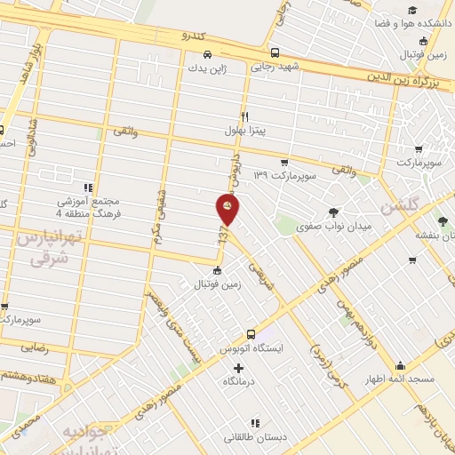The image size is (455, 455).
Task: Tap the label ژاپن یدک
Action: pyautogui.click(x=208, y=67)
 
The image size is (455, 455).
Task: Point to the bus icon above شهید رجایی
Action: pyautogui.click(x=275, y=52)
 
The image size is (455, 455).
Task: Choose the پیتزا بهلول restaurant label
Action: pyautogui.click(x=245, y=130)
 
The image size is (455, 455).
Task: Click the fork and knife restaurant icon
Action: pyautogui.click(x=245, y=116)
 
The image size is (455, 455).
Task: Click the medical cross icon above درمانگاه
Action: pyautogui.click(x=237, y=367)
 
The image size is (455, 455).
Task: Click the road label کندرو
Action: pyautogui.click(x=196, y=37)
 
